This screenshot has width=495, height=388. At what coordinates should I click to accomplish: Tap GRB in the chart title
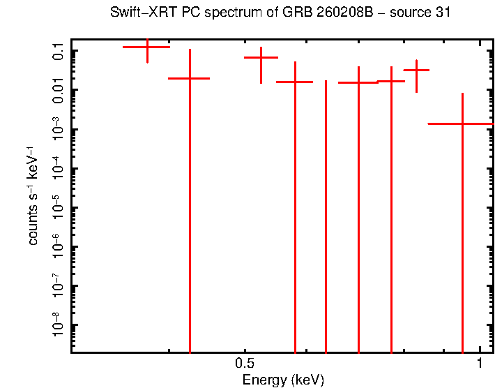tap(289, 13)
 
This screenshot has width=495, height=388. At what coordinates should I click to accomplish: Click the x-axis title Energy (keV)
tap(282, 380)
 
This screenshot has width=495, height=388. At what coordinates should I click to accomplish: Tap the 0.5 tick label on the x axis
tap(243, 364)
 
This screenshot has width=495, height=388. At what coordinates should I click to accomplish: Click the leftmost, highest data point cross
tap(146, 47)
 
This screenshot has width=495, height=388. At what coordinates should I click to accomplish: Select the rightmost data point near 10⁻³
tap(462, 124)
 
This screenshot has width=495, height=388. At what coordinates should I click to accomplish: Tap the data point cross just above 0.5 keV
tap(261, 58)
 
